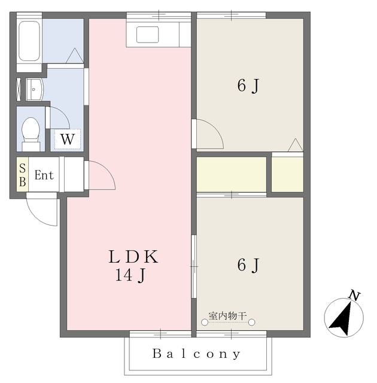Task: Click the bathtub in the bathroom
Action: coord(29,41)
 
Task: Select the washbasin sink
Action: coord(35,89)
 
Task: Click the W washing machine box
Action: coord(68,139)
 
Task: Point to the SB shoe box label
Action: coord(23,175)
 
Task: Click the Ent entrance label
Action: coord(44,175)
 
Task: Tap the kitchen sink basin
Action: coord(147,35)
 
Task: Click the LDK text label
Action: coord(133,257)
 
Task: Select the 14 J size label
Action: coord(130,275)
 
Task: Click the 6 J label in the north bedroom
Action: coord(248,86)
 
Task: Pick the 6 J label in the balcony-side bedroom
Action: coord(248,265)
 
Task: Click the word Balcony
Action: coord(196,354)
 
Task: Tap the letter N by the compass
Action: coord(354,295)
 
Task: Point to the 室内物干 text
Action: coord(227,316)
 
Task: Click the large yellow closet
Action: coord(232,174)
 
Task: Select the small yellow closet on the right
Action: coord(287,174)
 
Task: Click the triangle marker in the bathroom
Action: coord(74,55)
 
